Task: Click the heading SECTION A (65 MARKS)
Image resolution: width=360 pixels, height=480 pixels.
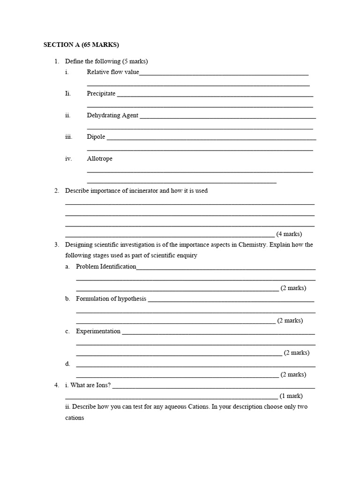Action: tap(81, 45)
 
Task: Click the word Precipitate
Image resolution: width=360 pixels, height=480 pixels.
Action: tap(101, 94)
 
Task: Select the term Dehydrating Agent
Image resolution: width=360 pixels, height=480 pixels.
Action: tap(112, 115)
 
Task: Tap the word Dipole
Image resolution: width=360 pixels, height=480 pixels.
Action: tap(96, 137)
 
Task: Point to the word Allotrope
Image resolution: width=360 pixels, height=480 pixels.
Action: tap(99, 158)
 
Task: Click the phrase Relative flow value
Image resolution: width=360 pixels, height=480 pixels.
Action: tap(113, 72)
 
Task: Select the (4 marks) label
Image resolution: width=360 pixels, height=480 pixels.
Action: tap(289, 234)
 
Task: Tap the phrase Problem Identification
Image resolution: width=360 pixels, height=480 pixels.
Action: tap(106, 267)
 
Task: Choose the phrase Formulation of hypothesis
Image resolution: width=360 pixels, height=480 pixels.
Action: tap(111, 299)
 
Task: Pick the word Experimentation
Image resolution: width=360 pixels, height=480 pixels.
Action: tap(98, 331)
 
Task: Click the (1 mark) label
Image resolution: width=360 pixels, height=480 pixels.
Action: tap(291, 396)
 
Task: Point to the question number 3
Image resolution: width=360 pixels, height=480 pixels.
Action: tap(56, 245)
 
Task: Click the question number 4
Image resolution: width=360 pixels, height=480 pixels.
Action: tap(56, 385)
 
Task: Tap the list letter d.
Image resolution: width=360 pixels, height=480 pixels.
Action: tap(67, 364)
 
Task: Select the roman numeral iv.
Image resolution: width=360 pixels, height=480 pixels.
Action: tap(68, 158)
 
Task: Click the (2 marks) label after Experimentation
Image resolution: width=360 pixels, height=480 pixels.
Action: tap(296, 353)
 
